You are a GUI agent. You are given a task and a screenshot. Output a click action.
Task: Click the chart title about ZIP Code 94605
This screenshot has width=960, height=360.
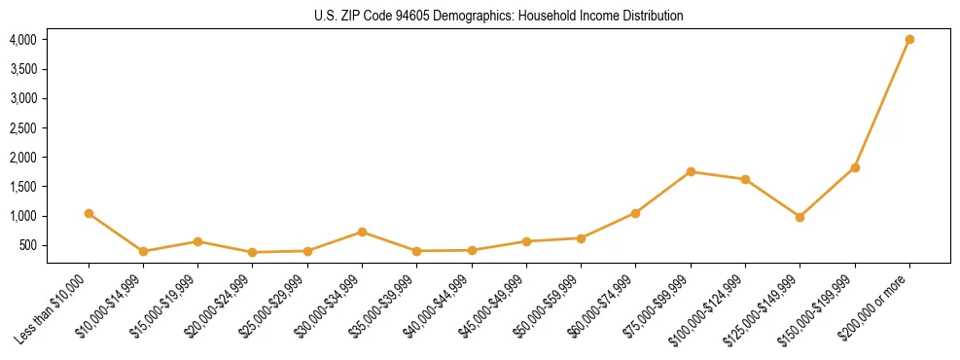[499, 16]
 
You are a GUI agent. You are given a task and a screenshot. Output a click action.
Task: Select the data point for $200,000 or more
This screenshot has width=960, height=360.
[909, 40]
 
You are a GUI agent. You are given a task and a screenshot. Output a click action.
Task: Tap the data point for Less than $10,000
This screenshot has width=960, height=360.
[89, 213]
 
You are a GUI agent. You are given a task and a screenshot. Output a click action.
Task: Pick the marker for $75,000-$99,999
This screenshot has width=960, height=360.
[691, 172]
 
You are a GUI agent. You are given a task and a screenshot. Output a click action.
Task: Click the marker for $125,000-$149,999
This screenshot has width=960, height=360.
[800, 217]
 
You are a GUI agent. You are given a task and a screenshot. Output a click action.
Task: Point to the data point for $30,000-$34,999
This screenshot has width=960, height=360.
[362, 232]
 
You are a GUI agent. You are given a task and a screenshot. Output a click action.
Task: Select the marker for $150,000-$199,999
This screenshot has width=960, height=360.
[855, 167]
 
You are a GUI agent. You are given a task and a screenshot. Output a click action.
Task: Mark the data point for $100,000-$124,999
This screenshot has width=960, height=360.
[745, 179]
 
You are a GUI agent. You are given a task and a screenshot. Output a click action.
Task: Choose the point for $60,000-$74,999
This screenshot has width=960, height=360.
[635, 213]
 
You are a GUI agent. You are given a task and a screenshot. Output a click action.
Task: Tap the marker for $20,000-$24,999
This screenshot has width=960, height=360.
[253, 252]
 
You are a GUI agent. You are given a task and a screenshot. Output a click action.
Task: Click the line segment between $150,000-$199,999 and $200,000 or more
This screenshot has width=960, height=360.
[882, 104]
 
